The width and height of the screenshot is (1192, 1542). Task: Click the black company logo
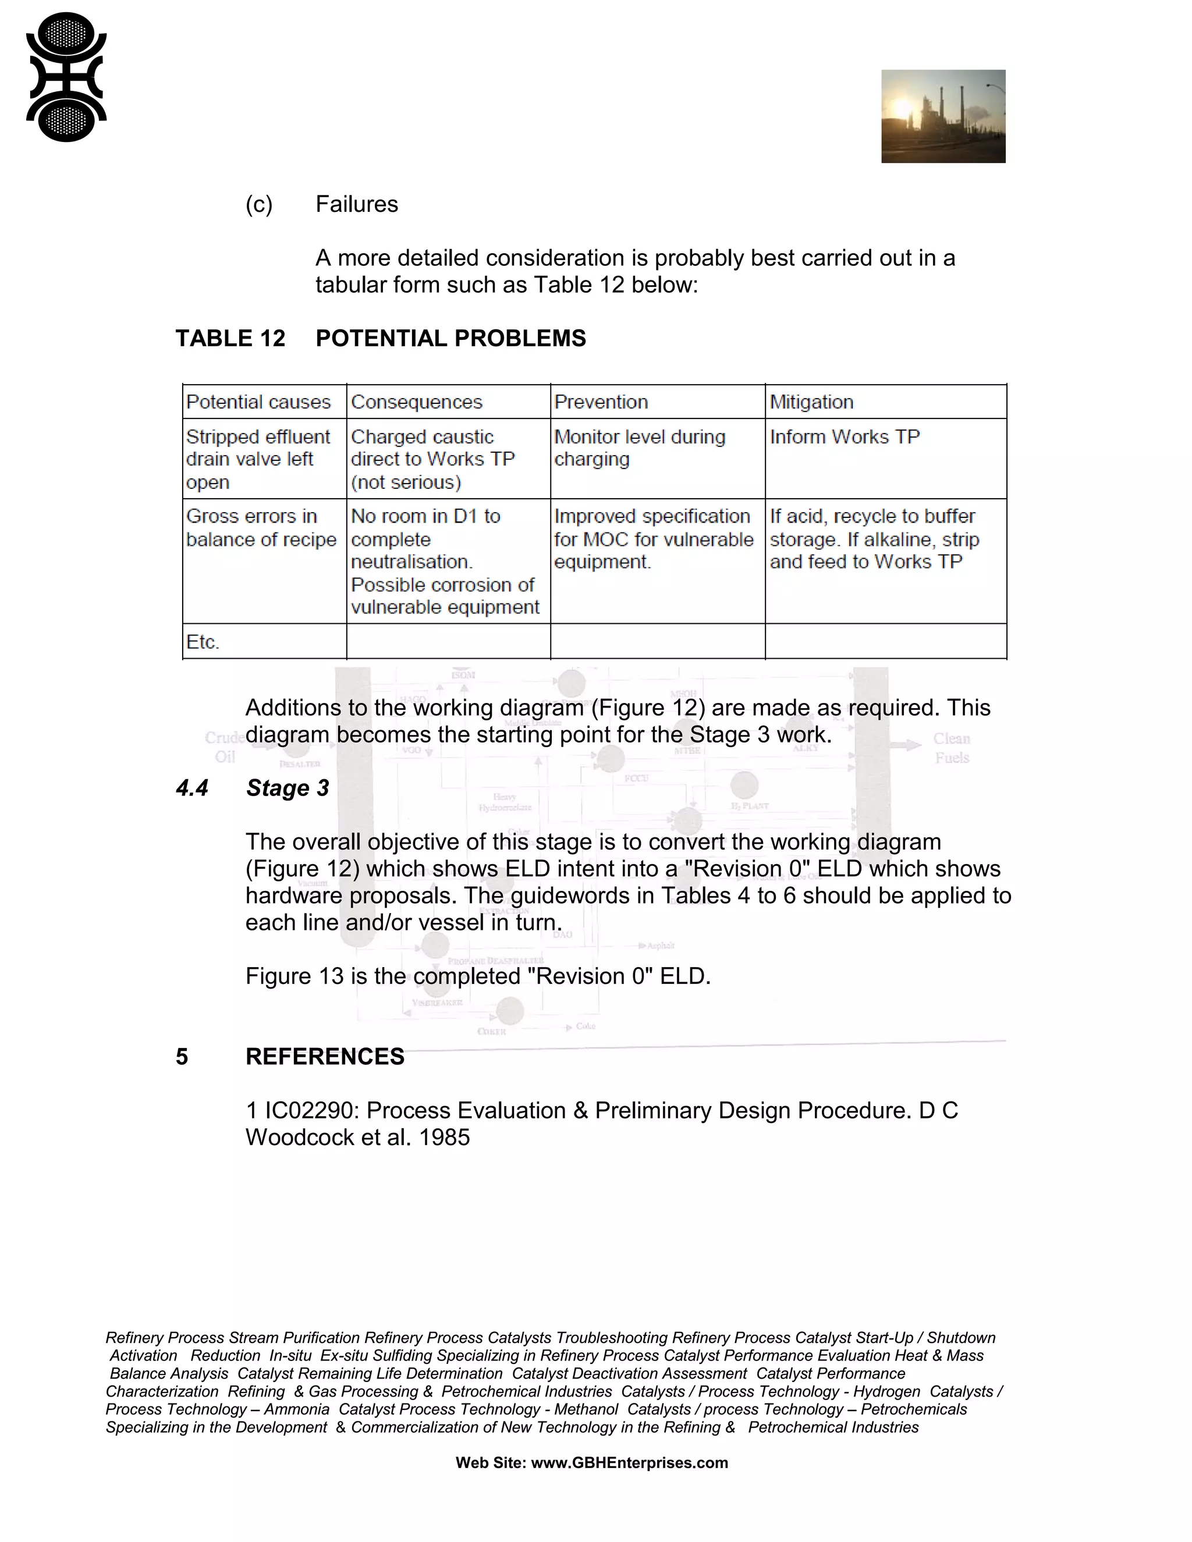66,76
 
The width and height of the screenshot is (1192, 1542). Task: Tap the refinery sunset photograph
943,116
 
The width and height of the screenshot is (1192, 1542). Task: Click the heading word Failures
357,204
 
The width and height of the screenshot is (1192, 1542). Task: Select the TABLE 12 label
230,338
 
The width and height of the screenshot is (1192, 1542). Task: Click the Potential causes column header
258,402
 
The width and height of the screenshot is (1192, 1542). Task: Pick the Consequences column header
417,402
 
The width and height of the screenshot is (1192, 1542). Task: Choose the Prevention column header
601,402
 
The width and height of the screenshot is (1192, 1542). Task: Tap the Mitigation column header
811,402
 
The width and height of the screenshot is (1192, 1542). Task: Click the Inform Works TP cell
845,437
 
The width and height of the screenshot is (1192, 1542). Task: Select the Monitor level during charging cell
639,447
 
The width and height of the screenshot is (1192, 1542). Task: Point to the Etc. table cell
203,642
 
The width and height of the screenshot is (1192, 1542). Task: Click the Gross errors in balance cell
261,527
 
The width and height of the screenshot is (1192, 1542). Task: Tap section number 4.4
192,788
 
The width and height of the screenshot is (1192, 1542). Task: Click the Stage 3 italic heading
288,788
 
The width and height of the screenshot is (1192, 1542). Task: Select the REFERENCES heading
325,1056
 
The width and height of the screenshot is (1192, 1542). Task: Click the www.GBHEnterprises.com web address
629,1463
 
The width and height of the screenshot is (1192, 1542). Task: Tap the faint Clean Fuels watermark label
951,748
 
